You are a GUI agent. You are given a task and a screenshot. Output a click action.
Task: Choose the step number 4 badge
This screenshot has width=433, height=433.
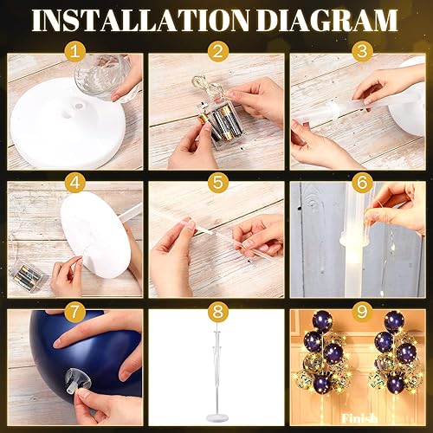[74, 184]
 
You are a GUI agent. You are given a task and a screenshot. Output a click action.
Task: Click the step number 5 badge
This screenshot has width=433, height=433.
[216, 184]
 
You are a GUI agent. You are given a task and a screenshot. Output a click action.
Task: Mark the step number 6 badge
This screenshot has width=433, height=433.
[358, 184]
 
